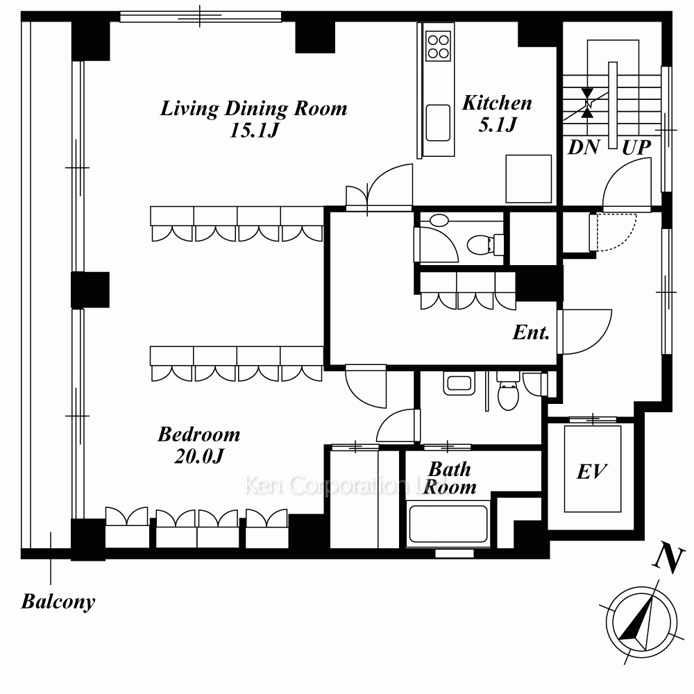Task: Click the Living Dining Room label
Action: (x=253, y=108)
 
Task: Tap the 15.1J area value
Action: (x=255, y=130)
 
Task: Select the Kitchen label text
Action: (x=497, y=103)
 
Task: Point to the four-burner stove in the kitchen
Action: (x=438, y=46)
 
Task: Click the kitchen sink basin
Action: (x=438, y=123)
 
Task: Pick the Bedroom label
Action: (x=199, y=434)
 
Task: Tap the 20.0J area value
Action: (x=199, y=456)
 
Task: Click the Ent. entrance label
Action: (x=531, y=332)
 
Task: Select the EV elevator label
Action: (x=592, y=472)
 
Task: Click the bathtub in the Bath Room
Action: (x=448, y=523)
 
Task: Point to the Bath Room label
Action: (x=450, y=478)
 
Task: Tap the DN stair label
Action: (x=584, y=147)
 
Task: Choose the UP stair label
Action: (x=636, y=148)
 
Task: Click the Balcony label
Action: (x=58, y=602)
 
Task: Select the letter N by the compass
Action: (x=669, y=559)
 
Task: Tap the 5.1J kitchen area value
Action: (x=498, y=124)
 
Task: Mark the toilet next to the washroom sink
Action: (x=508, y=391)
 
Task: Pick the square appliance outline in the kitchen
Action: (x=528, y=179)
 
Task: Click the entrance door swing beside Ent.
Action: (x=584, y=332)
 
